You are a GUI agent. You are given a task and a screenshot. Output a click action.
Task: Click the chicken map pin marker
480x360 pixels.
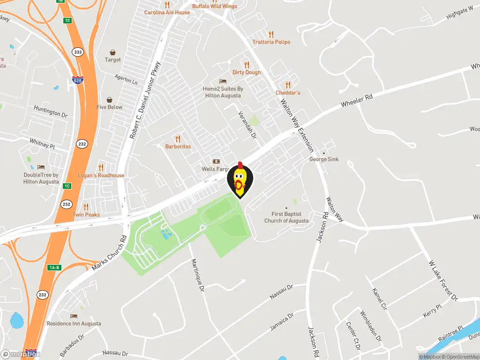240,180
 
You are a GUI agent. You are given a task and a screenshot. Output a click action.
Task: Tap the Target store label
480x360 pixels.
113,60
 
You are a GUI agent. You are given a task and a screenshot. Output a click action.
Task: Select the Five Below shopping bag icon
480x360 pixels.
110,100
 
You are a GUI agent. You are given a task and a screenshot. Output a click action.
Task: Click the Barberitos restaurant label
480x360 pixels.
178,147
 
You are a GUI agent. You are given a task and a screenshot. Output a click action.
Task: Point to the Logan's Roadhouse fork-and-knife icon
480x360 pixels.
101,168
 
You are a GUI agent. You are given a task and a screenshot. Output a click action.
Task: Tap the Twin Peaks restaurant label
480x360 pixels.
86,215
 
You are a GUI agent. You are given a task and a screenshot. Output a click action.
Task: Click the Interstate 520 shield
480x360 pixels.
78,80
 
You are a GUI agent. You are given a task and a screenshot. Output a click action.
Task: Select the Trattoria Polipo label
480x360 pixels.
271,42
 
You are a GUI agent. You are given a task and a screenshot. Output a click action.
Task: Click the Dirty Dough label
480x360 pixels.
247,73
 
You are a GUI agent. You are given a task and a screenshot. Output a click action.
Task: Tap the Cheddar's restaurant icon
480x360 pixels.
288,85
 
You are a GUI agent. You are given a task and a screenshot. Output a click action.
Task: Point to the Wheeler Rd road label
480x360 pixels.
356,100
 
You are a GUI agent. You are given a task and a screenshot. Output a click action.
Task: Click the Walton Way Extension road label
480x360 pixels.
297,125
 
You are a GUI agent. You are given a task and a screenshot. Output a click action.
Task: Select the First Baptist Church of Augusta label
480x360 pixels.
286,217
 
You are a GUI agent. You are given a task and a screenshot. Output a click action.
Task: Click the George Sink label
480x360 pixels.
324,159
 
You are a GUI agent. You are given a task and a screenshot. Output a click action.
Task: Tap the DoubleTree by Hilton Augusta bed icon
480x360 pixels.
41,167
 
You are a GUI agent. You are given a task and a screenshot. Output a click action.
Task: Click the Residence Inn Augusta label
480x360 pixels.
74,323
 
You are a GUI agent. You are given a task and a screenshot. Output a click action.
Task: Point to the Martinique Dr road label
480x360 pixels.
198,276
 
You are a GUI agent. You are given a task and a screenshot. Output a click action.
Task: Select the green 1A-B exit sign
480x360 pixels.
54,268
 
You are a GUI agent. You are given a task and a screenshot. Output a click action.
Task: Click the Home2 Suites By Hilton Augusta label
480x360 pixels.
223,92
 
